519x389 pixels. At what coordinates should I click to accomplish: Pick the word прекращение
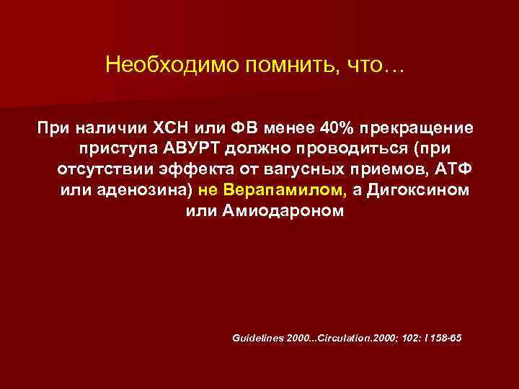[x=413, y=128]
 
